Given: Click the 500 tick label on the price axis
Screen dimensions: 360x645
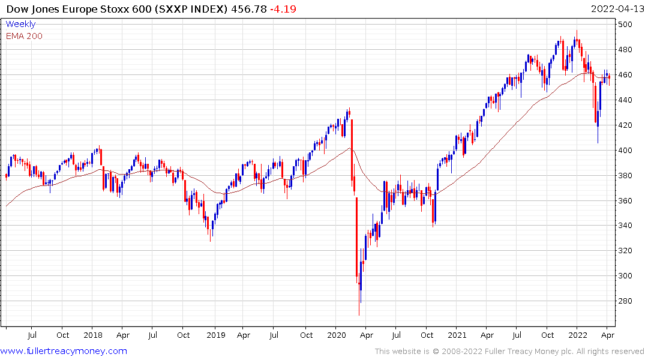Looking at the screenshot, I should coord(626,25).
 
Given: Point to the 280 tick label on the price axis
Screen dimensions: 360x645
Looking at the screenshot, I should coord(626,301).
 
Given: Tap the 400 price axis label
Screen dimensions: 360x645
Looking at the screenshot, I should coord(626,150).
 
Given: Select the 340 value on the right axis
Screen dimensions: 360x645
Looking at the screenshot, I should coord(626,226).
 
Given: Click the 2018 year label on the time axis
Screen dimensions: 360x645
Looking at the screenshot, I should coord(92,335).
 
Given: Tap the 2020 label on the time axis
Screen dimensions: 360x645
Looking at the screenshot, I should coord(336,335).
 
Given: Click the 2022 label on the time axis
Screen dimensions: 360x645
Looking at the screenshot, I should coord(578,335).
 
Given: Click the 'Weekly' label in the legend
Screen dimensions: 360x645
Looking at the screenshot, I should coord(20,24).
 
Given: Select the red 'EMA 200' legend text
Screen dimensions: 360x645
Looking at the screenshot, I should coord(24,36).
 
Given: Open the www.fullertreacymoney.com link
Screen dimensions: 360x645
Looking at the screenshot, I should coord(64,351).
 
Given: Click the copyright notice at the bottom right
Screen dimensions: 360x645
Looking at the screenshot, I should coord(509,352).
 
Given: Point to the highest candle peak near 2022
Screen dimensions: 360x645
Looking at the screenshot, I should coord(577,31).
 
